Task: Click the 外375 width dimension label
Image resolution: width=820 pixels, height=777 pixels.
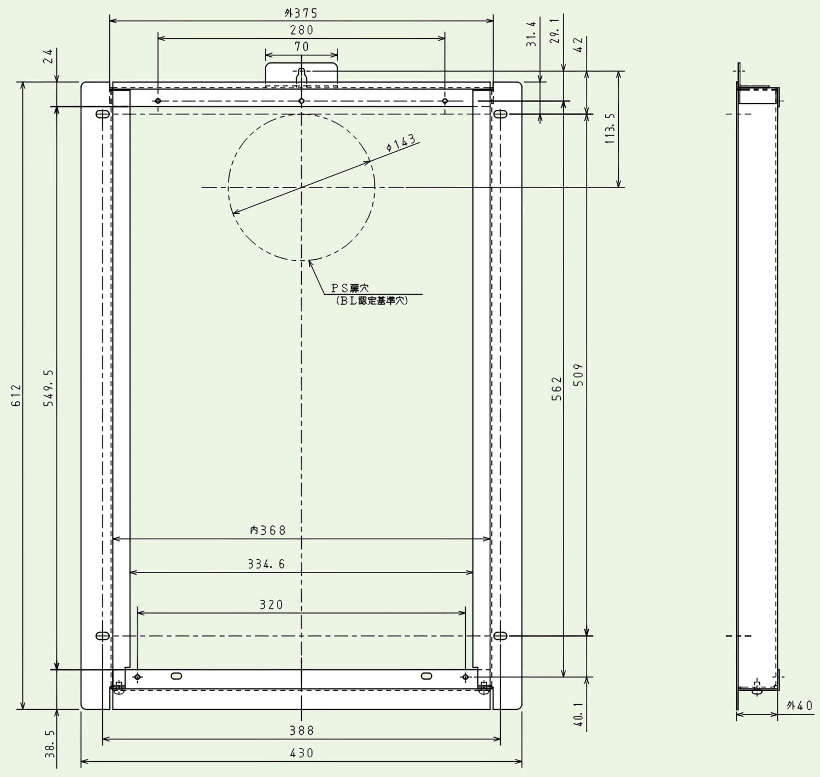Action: (301, 13)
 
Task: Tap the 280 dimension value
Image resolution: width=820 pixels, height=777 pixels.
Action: (302, 30)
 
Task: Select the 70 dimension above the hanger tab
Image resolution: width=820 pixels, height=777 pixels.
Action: (302, 46)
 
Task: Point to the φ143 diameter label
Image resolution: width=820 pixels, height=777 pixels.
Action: (401, 142)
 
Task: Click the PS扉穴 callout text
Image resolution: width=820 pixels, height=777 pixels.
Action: (350, 288)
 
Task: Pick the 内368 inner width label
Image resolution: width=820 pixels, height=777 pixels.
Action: (268, 530)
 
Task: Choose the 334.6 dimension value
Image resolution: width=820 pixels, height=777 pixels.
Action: (266, 564)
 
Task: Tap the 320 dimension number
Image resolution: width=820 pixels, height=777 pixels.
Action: (271, 605)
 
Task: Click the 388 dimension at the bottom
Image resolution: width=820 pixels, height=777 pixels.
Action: (302, 731)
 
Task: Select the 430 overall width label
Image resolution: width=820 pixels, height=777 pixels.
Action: (302, 753)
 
